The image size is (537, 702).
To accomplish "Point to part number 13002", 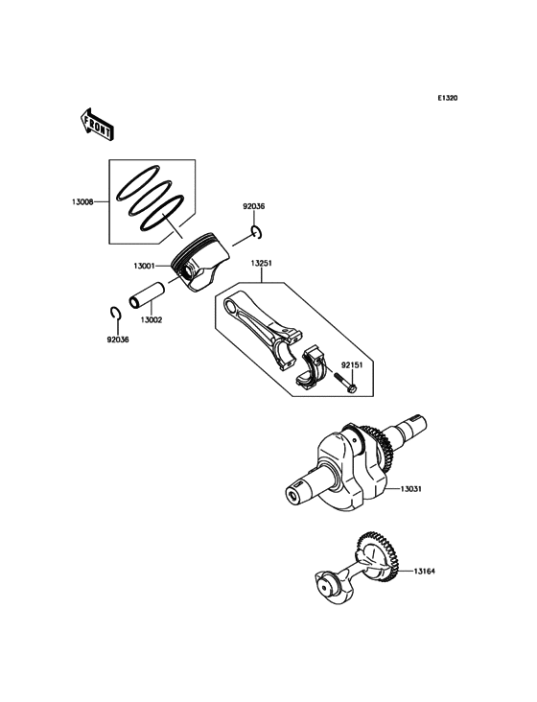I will pos(152,319).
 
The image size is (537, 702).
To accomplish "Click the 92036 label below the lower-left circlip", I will pos(119,339).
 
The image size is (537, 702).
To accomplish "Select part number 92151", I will pos(355,365).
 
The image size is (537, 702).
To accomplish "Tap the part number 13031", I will pos(413,489).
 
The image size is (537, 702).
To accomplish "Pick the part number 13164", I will pos(427,572).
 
